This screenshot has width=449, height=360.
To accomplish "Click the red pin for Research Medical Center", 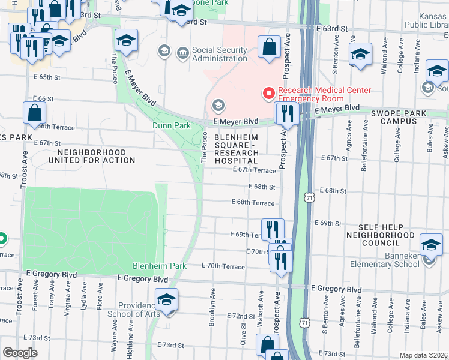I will click(268, 94).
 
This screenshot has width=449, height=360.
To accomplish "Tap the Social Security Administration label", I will click(219, 54).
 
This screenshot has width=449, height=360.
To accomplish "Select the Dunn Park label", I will click(171, 125).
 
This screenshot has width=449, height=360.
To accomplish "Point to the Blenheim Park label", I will click(160, 266).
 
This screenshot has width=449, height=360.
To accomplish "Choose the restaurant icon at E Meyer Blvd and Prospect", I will click(286, 113).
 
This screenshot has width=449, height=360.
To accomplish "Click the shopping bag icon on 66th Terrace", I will click(35, 113).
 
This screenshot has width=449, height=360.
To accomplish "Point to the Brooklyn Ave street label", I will click(212, 312).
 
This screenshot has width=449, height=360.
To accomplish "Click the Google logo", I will click(20, 352).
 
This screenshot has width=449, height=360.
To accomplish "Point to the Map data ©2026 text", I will click(423, 355).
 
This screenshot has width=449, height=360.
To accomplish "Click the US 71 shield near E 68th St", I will click(309, 197).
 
